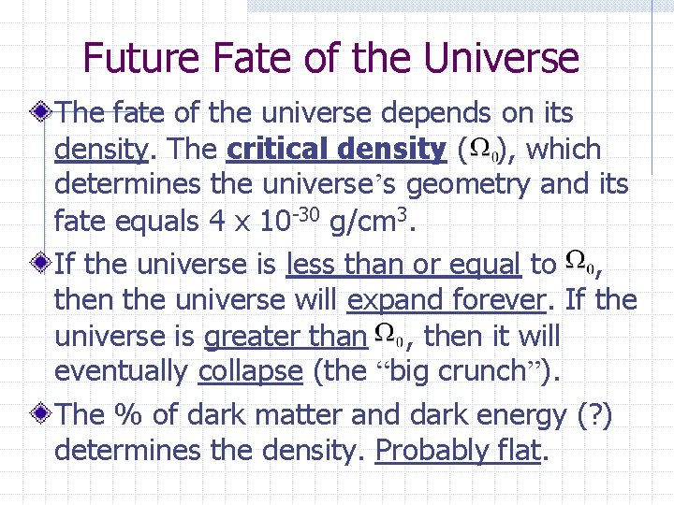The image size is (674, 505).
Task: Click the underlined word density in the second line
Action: point(100,150)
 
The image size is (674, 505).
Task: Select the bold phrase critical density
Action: point(337,150)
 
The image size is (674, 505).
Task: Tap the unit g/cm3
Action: point(370,221)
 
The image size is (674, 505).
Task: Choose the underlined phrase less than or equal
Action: point(404,265)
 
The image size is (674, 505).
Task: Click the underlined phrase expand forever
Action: point(446,300)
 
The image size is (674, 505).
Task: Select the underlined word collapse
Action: point(250,371)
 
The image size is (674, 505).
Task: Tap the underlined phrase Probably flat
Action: point(458,451)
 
